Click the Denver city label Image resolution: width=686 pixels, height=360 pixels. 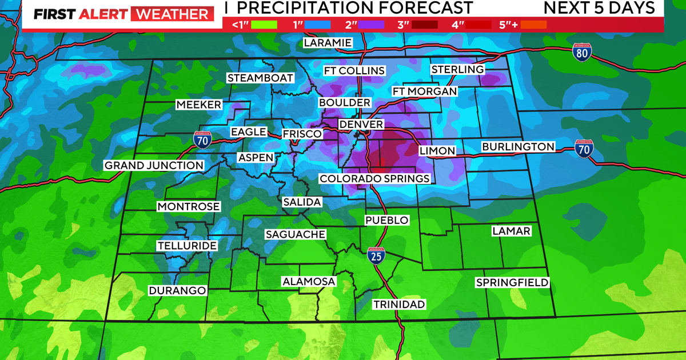point(361,125)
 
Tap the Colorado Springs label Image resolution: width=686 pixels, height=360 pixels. point(374,179)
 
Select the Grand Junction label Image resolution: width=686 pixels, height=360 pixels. point(154,166)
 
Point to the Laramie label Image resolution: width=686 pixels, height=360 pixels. point(327,43)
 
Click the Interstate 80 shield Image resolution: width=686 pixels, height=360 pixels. point(581,53)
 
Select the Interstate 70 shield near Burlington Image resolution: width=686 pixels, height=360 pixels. point(584,149)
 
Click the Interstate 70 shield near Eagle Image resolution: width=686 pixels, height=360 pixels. point(201,139)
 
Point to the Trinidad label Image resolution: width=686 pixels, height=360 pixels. point(399,305)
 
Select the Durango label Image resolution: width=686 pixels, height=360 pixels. point(177,291)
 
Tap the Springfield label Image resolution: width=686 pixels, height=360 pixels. point(512,283)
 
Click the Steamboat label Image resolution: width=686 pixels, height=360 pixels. point(260,78)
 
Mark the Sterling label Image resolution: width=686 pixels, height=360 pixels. point(457,70)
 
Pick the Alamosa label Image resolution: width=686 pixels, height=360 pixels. point(309,282)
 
